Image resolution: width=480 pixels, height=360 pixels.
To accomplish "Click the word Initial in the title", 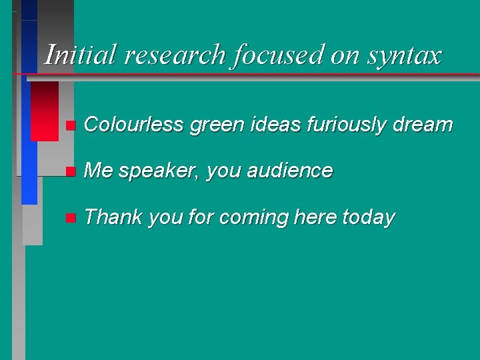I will coord(79,55).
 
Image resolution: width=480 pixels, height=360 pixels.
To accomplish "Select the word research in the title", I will coord(175,55).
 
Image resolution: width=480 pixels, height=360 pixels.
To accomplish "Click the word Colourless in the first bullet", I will coord(135,124).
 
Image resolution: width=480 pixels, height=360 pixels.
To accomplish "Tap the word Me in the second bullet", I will coord(99,171).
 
